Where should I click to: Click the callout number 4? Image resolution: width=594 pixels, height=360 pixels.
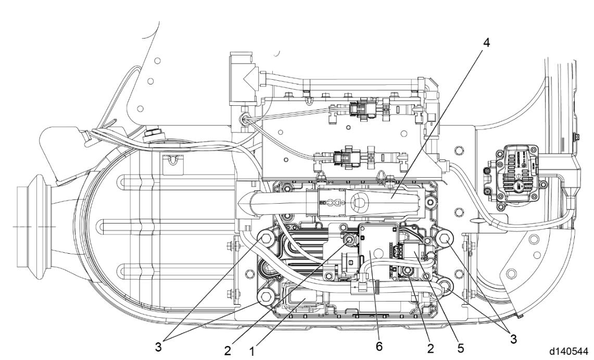(x=486, y=42)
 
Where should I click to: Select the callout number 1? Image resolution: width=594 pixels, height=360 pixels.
(x=251, y=351)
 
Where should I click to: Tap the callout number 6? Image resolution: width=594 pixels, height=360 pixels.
(x=379, y=346)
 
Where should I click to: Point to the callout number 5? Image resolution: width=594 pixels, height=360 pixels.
(x=461, y=347)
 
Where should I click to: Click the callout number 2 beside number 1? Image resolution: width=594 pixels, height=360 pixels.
(x=227, y=350)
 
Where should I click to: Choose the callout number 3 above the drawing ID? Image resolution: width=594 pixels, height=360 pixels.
(x=513, y=338)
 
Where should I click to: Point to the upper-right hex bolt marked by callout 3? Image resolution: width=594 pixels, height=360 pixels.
(x=444, y=239)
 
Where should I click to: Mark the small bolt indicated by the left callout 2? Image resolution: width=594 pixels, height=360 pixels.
(x=349, y=239)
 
